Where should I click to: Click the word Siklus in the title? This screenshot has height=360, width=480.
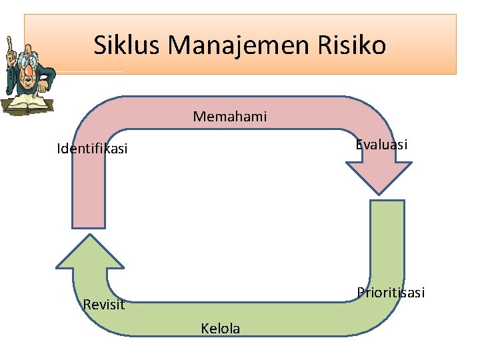tap(127, 45)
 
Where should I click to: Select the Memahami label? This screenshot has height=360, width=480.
tap(230, 117)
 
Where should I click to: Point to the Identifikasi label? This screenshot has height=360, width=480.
tap(92, 149)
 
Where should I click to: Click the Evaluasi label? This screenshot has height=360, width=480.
tap(381, 145)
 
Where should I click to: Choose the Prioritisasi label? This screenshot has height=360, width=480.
tap(391, 293)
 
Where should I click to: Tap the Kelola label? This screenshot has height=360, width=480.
tap(220, 328)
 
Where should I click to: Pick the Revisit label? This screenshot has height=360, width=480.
tap(103, 305)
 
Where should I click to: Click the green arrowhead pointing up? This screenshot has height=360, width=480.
tap(89, 253)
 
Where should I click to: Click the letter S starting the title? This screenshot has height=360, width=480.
tap(100, 45)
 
